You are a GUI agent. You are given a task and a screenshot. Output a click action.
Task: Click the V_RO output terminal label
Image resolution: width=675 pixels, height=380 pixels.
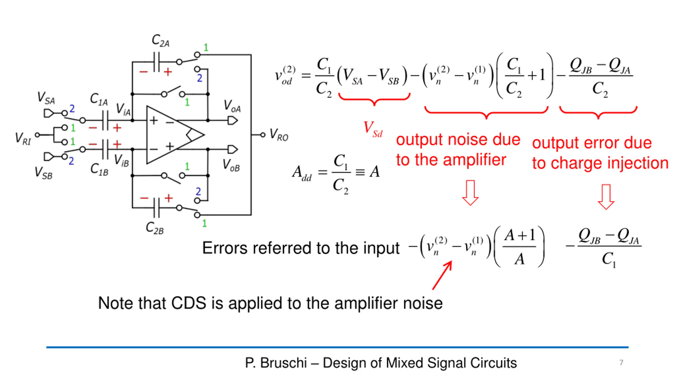[x=279, y=135]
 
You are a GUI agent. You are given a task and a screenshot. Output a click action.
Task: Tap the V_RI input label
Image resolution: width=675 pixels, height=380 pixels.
[x=23, y=138]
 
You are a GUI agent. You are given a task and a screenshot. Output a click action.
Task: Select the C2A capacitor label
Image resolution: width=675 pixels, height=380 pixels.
[x=161, y=41]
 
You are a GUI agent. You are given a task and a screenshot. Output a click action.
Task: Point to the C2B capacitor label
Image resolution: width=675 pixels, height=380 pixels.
[x=155, y=228]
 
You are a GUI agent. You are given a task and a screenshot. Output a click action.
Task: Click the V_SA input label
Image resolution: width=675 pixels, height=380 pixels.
[x=46, y=98]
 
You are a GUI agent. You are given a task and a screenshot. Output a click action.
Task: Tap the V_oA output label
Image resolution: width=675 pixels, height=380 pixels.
[x=232, y=106]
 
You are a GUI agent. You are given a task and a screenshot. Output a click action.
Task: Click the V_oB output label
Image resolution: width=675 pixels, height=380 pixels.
[x=231, y=165]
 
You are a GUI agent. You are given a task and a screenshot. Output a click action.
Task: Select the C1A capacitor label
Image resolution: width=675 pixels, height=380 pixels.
[x=99, y=99]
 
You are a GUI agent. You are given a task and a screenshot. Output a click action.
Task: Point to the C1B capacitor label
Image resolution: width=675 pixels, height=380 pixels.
[x=99, y=169]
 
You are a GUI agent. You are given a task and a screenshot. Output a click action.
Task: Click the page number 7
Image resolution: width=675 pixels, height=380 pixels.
[x=621, y=363]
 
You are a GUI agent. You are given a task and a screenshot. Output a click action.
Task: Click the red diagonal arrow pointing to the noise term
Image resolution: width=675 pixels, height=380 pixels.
[x=442, y=275]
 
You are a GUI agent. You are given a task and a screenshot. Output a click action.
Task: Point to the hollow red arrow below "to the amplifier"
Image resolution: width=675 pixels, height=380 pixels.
[x=470, y=193]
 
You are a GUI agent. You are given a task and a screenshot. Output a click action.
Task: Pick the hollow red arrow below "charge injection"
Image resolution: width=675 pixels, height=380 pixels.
[x=606, y=197]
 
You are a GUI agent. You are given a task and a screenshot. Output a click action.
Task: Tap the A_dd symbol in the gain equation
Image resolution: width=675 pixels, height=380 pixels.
[x=302, y=173]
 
